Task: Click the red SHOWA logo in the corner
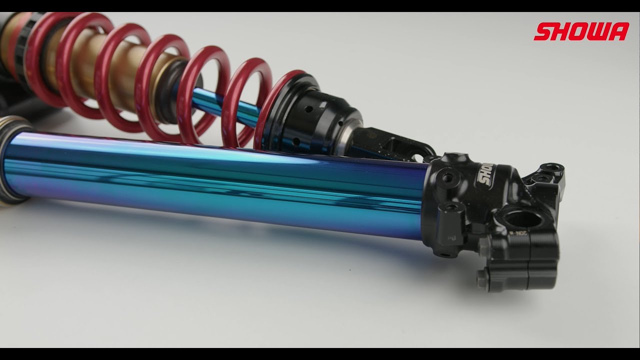(x=581, y=31)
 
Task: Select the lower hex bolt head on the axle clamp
(x=481, y=279)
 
